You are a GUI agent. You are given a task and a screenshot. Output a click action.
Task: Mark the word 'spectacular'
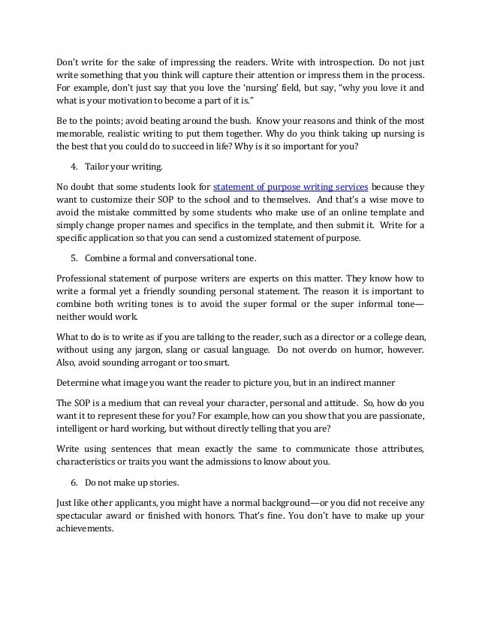[89, 515]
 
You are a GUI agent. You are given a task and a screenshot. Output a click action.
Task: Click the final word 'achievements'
[85, 529]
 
